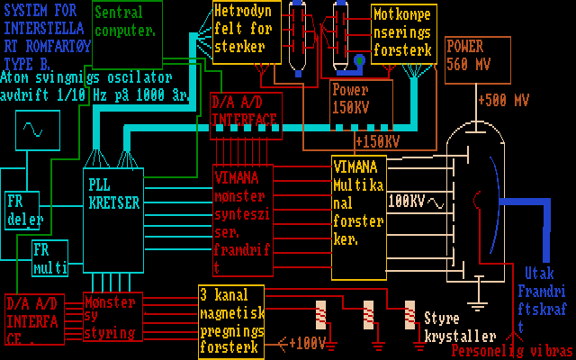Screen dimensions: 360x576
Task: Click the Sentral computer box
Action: pos(126,32)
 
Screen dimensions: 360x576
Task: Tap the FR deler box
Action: pos(22,211)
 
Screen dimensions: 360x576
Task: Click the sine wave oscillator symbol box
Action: pos(37,130)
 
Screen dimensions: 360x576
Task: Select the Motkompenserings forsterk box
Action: pos(404,32)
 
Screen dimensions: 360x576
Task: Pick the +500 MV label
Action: pos(503,100)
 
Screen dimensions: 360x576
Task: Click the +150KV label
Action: pos(377,141)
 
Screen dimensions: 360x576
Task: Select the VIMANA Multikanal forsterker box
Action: pos(359,217)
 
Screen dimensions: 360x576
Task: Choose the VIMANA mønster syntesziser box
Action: pos(240,220)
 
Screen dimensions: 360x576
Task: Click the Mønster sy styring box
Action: pos(112,317)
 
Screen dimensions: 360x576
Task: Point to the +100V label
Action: pos(307,343)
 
